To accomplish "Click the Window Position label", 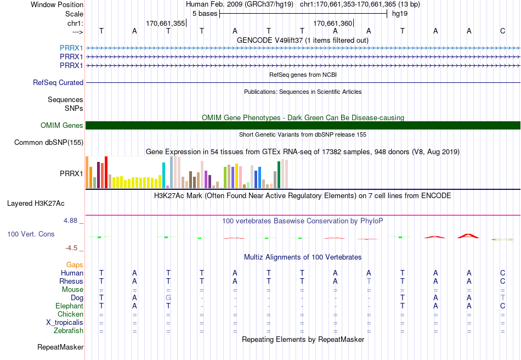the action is [x=57, y=4].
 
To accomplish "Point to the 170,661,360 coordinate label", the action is [x=332, y=23].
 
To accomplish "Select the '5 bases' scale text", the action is [x=205, y=14].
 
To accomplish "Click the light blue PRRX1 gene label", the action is [x=71, y=48].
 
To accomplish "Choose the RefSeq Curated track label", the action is [x=58, y=82].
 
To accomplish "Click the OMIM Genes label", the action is [x=62, y=125].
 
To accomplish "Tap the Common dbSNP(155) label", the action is [x=49, y=142].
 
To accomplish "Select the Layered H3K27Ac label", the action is [x=36, y=203].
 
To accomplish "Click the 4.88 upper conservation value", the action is [x=70, y=221].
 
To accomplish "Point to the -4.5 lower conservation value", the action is [x=71, y=248].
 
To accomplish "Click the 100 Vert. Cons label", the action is [x=31, y=234].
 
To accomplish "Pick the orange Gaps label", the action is [x=75, y=265].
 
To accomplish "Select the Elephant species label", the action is [x=69, y=306].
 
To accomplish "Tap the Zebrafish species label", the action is [x=69, y=330].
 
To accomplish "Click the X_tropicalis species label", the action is [x=65, y=323].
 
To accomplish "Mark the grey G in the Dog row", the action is [x=168, y=297].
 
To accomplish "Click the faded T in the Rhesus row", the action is [x=369, y=281].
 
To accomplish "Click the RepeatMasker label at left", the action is [x=60, y=347].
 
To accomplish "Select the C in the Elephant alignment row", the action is [x=503, y=306].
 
